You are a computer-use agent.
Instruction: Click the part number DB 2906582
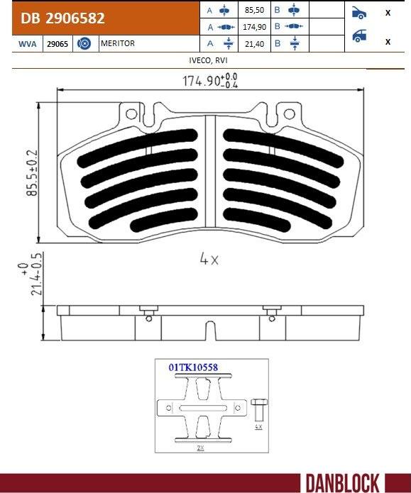[x=62, y=18]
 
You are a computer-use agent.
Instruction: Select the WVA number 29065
[x=57, y=44]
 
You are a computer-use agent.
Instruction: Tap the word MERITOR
[x=118, y=43]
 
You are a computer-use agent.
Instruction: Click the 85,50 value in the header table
[x=254, y=10]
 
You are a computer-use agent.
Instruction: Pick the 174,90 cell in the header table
[x=254, y=27]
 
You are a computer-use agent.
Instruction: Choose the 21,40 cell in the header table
[x=254, y=44]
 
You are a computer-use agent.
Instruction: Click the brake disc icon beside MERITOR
[x=84, y=43]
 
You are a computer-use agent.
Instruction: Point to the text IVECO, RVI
[x=208, y=60]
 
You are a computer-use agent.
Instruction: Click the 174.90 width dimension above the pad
[x=210, y=81]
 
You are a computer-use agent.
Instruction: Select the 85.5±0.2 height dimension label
[x=32, y=173]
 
